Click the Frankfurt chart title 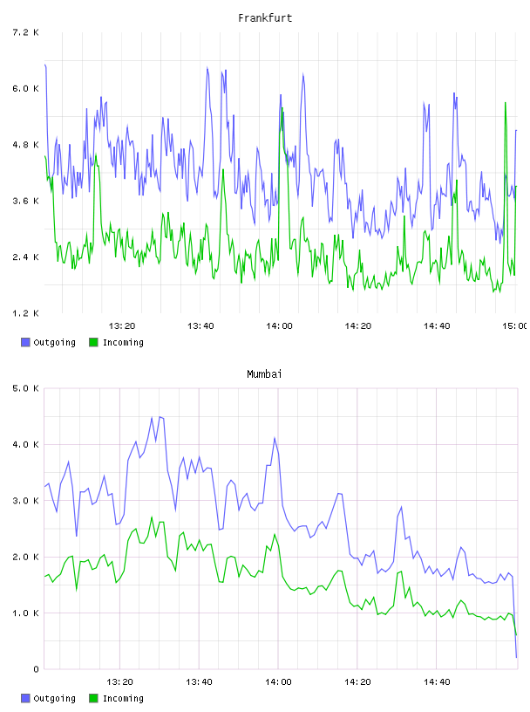click(265, 18)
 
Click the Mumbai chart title click(264, 374)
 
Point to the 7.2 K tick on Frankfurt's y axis click(25, 32)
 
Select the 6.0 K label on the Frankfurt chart click(25, 88)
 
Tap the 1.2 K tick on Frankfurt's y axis click(25, 313)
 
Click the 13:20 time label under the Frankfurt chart click(122, 326)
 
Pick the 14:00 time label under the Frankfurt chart click(279, 326)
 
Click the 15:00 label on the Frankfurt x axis click(515, 326)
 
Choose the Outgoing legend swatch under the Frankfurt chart click(25, 342)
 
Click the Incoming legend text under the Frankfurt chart click(123, 343)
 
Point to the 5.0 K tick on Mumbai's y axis click(25, 388)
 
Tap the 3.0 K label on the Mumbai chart click(25, 501)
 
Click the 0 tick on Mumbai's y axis click(36, 669)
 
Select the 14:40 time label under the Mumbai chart click(437, 682)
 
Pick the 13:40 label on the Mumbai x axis click(199, 682)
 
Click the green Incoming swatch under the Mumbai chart click(93, 698)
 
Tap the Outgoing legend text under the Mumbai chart click(54, 699)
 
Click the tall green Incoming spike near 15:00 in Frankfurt click(506, 103)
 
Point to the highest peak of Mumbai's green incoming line click(152, 517)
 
